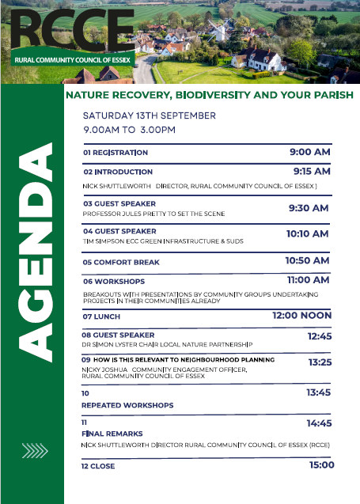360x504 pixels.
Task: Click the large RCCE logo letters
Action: (x=72, y=30)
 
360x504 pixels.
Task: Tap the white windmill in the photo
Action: (x=218, y=31)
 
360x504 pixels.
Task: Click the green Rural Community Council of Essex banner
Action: (x=73, y=59)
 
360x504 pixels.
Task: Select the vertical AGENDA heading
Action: (x=35, y=252)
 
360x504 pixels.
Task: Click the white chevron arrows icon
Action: (x=35, y=450)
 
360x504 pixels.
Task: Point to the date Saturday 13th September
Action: (x=149, y=116)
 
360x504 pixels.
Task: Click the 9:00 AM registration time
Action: (x=310, y=152)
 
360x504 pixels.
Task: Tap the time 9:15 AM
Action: (x=312, y=171)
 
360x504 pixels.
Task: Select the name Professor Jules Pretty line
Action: (x=153, y=214)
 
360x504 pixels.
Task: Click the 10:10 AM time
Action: (x=308, y=233)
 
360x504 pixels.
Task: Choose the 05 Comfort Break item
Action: (x=121, y=263)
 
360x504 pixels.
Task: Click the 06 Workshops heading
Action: (x=114, y=282)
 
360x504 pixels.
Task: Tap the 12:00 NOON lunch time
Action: (x=301, y=316)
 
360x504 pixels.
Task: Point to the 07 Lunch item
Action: (x=101, y=316)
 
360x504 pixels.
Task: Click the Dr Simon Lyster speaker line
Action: (x=167, y=345)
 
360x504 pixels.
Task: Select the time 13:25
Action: (x=320, y=362)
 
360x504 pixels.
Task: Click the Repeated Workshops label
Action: (x=127, y=405)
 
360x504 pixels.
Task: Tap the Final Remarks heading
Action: (x=112, y=434)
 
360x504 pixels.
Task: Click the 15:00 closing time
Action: (x=322, y=464)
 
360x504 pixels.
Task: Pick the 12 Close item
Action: (x=98, y=466)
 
